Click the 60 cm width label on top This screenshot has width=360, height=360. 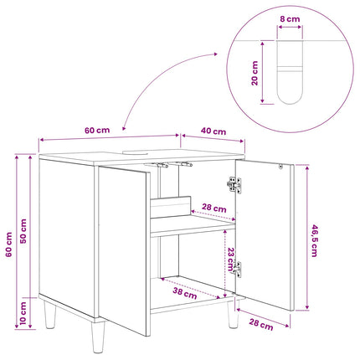tap(97, 131)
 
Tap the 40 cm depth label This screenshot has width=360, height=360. tap(213, 131)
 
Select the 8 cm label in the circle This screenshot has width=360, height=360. tap(290, 19)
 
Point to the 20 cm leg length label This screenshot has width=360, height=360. tap(255, 73)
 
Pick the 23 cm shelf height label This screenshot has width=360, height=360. tap(230, 260)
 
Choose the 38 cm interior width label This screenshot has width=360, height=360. tap(185, 293)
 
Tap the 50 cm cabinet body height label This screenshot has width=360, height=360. tap(23, 231)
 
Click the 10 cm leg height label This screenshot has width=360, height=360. tap(23, 313)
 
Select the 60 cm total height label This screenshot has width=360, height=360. tap(8, 244)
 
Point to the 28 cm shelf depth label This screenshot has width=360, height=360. tap(214, 208)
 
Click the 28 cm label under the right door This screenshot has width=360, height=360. tap(261, 325)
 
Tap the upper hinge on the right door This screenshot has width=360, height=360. tap(234, 184)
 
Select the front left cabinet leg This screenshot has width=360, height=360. tap(99, 337)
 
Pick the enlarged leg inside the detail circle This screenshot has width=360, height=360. tap(290, 73)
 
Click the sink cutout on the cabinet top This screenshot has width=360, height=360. tap(136, 152)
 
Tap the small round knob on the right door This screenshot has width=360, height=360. tap(280, 167)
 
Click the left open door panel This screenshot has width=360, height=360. tap(124, 250)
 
